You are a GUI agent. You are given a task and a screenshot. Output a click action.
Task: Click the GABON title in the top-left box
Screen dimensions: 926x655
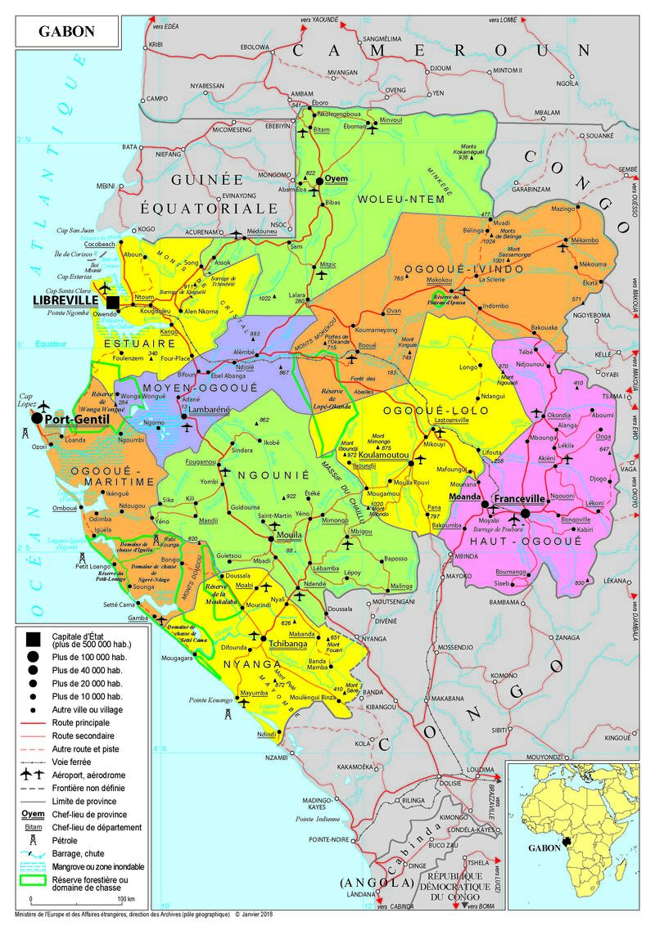tap(66, 32)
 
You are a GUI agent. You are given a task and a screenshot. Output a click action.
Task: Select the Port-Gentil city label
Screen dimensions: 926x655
tap(79, 418)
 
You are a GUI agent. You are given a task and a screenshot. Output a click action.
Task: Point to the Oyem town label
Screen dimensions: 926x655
tap(337, 178)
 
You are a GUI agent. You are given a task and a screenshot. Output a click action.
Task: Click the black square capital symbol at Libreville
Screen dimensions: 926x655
tap(112, 303)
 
